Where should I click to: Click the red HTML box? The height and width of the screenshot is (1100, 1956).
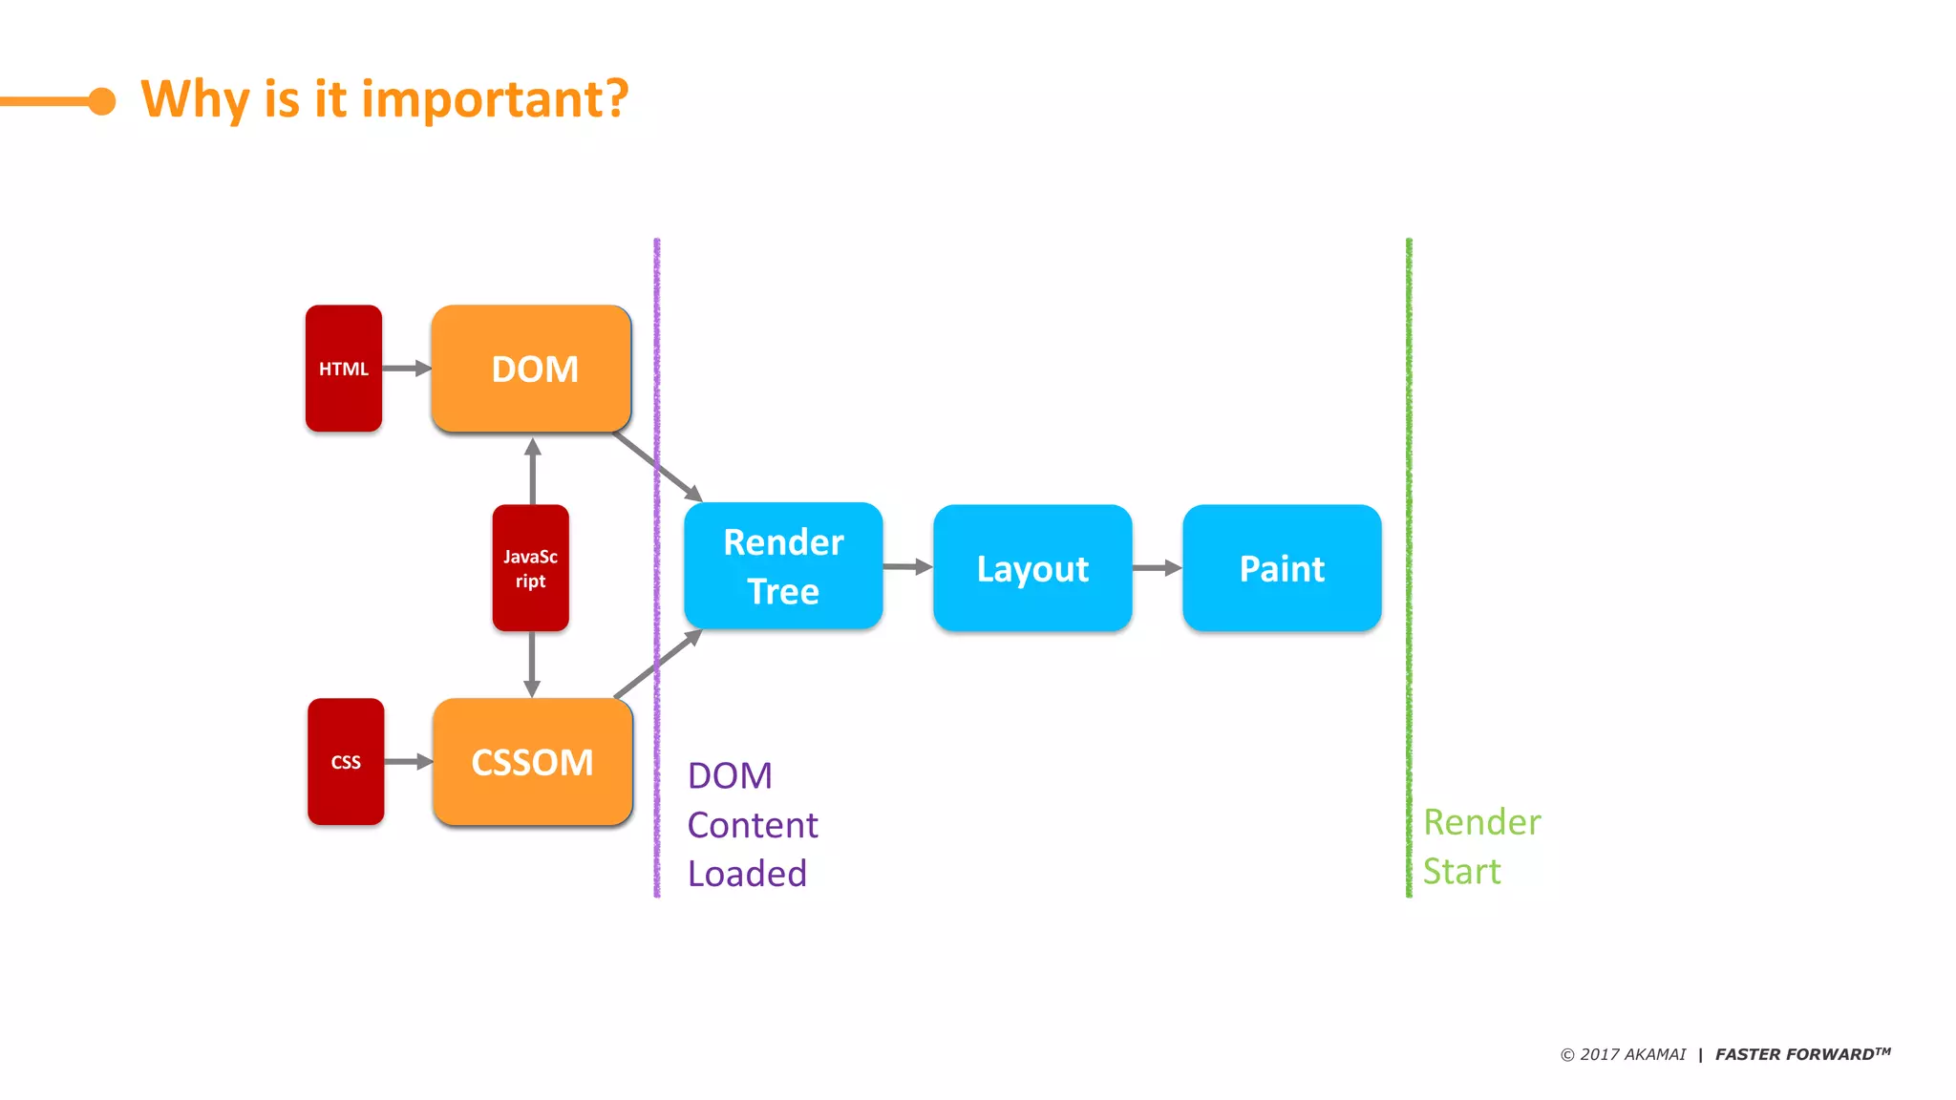(344, 369)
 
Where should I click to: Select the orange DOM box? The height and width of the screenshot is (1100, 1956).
(531, 369)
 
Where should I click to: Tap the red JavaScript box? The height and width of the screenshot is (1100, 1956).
(531, 568)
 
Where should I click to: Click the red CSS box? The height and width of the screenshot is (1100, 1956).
(346, 762)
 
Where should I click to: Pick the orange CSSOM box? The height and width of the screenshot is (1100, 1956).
(532, 762)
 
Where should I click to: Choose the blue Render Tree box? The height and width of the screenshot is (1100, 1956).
(783, 566)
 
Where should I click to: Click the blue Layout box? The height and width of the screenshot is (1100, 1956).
(1032, 568)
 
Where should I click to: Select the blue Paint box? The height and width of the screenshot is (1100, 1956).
(1282, 568)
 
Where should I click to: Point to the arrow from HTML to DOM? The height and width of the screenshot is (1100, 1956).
(407, 369)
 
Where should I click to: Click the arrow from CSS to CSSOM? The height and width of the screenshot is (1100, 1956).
(409, 762)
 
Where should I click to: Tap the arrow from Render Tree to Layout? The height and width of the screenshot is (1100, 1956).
(907, 567)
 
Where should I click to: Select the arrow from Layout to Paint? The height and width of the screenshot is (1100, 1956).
(1157, 568)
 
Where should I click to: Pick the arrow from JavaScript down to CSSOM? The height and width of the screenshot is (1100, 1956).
(532, 665)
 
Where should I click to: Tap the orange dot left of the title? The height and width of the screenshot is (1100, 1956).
(101, 100)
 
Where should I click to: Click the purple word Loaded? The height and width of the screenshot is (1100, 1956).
(747, 874)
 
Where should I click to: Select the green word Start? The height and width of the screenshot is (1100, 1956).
(1461, 872)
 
